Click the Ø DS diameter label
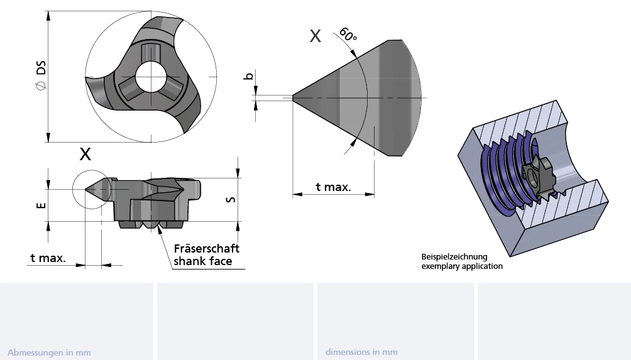41,75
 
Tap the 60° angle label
348,34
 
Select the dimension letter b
249,75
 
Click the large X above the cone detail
315,36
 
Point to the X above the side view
85,154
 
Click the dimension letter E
41,205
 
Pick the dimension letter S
231,199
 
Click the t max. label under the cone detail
333,187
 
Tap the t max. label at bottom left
48,258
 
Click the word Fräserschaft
206,248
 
